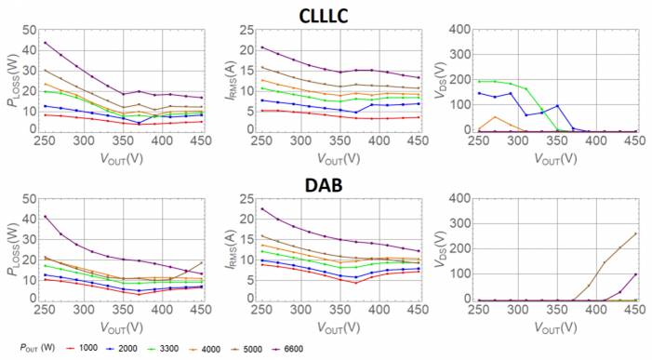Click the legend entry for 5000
click(x=294, y=348)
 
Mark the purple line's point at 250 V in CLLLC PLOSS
click(x=45, y=43)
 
